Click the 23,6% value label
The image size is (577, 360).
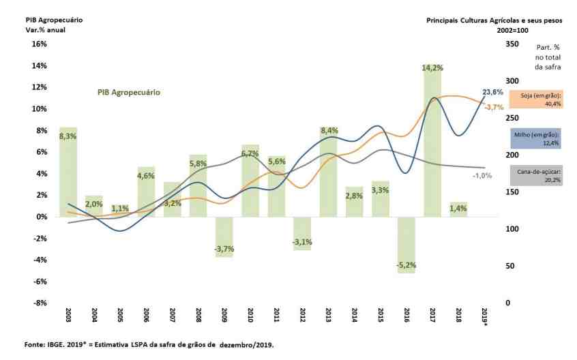[492, 92]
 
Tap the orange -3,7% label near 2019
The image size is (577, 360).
[493, 107]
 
